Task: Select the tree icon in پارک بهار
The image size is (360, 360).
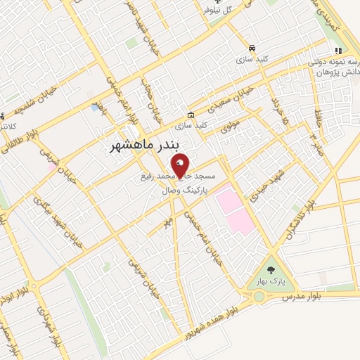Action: [271, 270]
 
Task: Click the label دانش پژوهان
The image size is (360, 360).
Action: [333, 73]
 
